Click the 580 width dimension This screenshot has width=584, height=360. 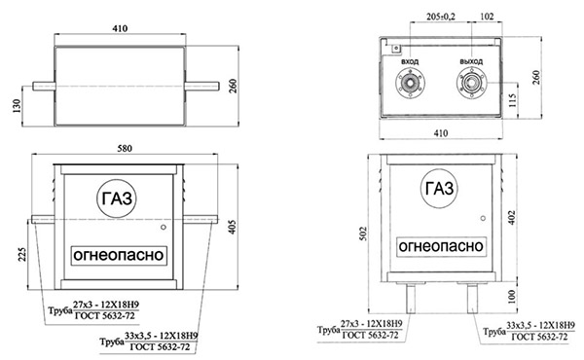click(x=125, y=149)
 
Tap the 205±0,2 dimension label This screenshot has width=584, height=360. click(x=441, y=17)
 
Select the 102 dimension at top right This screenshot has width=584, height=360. click(x=487, y=17)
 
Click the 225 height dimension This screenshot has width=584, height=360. click(x=22, y=254)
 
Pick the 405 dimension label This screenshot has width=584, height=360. click(x=232, y=227)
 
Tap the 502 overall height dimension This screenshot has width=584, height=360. click(x=363, y=234)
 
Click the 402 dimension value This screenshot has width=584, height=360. click(x=512, y=218)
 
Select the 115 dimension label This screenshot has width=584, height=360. click(x=513, y=100)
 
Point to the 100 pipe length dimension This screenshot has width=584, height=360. click(x=512, y=297)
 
